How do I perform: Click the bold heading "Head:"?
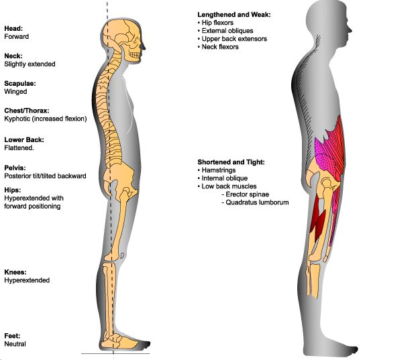pyautogui.click(x=13, y=29)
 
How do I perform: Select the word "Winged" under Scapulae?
pyautogui.click(x=16, y=92)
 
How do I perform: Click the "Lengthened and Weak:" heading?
pyautogui.click(x=233, y=15)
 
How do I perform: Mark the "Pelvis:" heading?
pyautogui.click(x=15, y=168)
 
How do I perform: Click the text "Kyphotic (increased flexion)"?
pyautogui.click(x=45, y=119)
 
